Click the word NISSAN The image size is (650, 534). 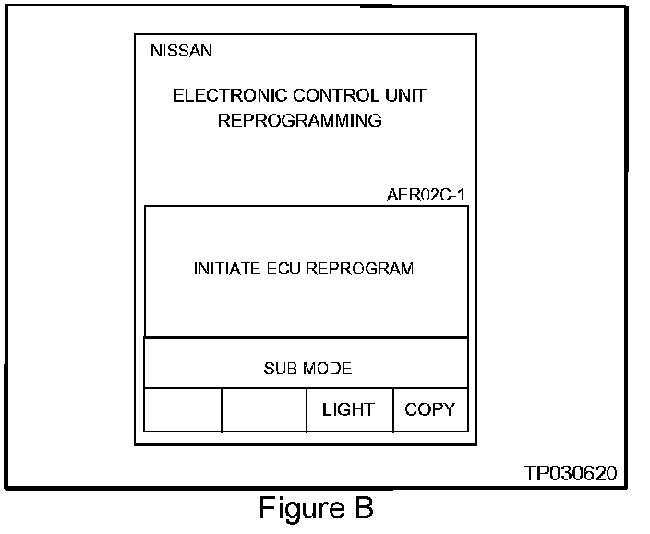click(x=181, y=52)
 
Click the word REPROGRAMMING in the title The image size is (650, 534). click(x=299, y=121)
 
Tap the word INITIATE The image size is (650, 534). click(x=223, y=269)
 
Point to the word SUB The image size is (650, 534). click(x=278, y=369)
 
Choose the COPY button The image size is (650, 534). click(x=430, y=409)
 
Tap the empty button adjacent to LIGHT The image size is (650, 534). click(x=264, y=409)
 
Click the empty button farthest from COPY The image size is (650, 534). click(x=183, y=409)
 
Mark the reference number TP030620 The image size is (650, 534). click(x=572, y=474)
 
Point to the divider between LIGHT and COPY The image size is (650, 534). click(x=393, y=409)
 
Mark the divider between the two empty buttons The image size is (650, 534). click(x=222, y=409)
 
